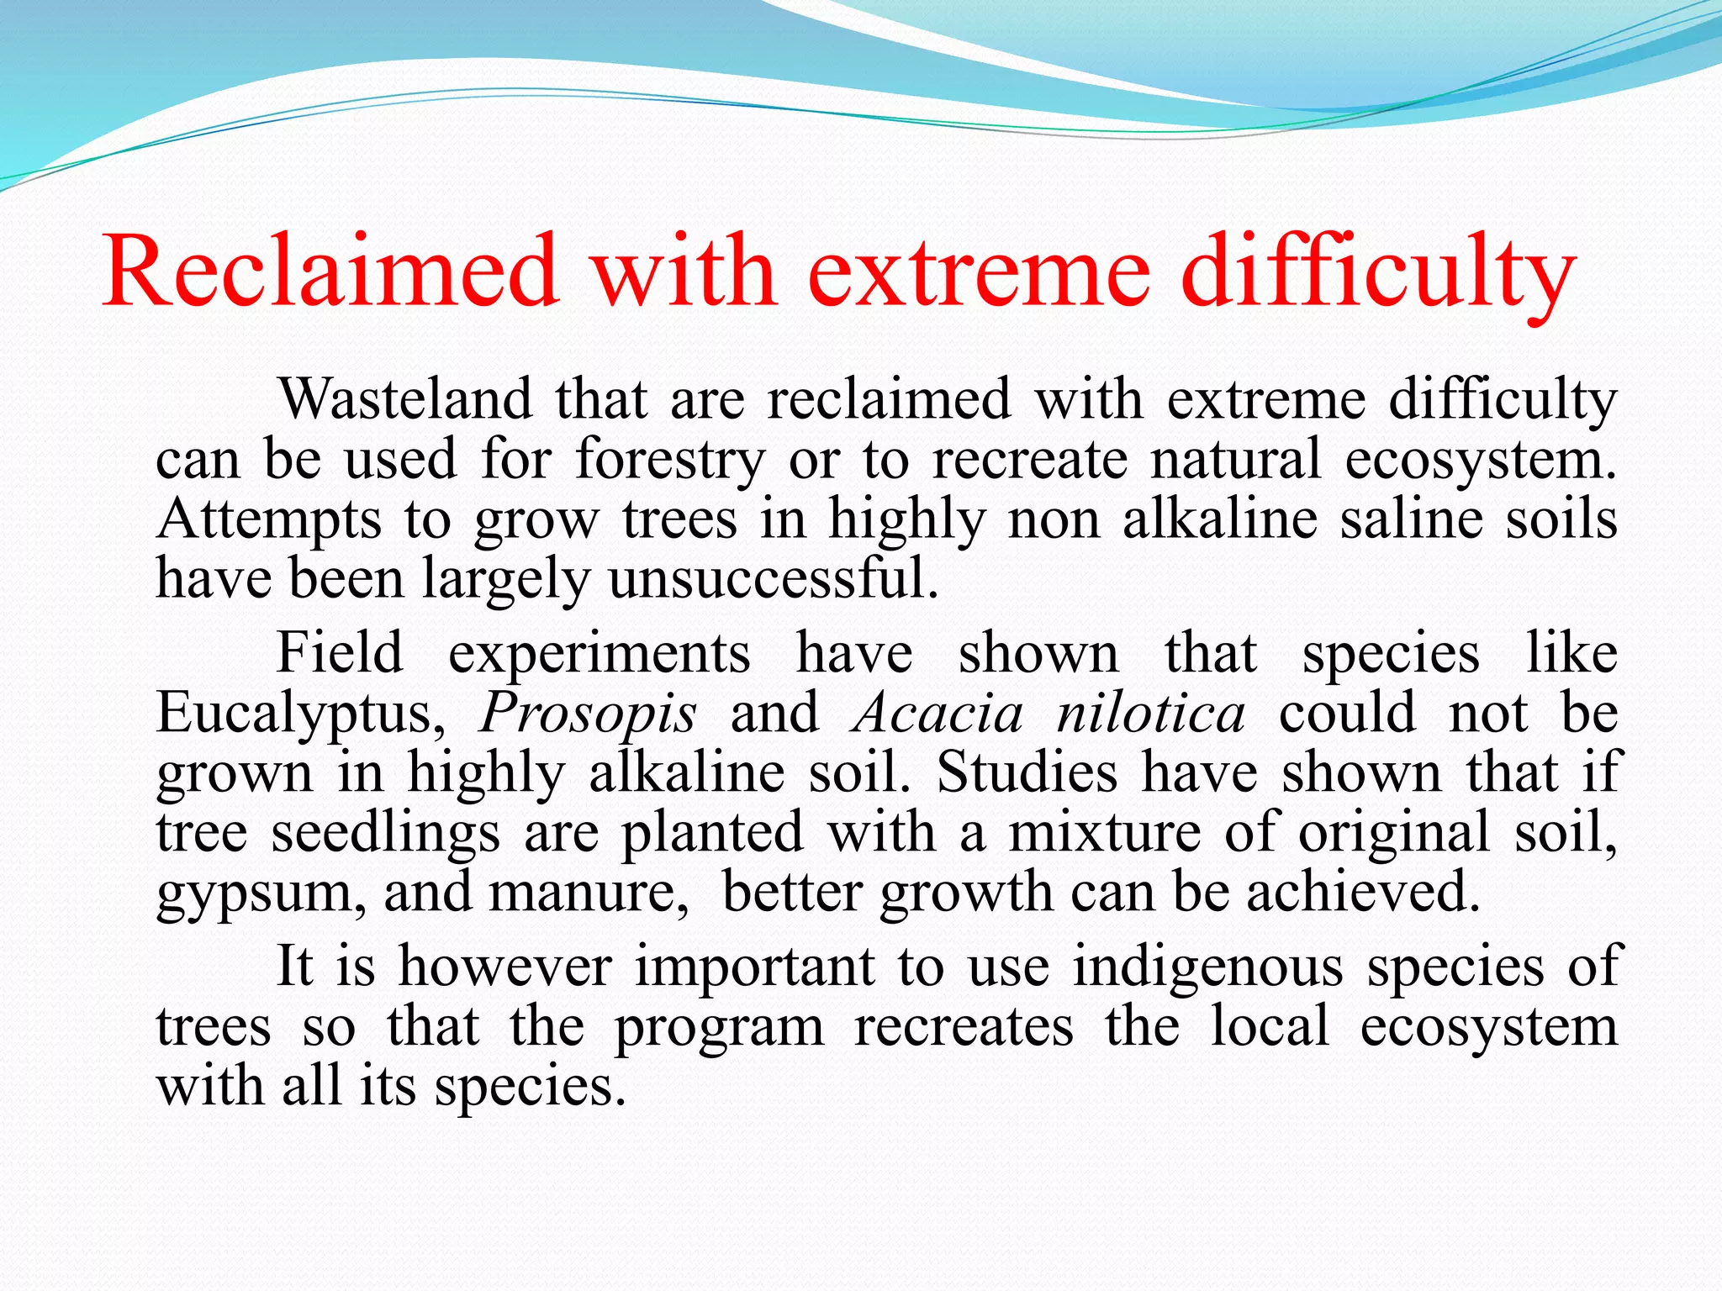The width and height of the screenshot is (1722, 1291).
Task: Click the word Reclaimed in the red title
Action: [330, 271]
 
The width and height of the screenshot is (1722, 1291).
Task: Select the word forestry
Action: [670, 461]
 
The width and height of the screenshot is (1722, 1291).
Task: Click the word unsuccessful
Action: [774, 579]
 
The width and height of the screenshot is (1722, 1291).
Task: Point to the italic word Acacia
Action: [938, 713]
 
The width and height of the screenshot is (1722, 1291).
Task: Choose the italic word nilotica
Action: [1150, 713]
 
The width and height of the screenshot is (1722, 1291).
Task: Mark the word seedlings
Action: [386, 834]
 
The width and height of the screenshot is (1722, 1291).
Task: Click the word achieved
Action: [1363, 892]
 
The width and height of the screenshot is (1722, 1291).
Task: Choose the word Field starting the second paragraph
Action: [340, 652]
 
